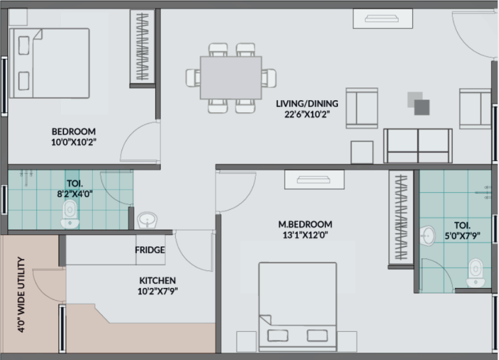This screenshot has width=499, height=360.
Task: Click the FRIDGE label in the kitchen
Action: tap(150, 250)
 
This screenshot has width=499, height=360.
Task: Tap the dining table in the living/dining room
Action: tap(230, 77)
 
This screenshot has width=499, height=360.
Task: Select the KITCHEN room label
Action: tap(158, 281)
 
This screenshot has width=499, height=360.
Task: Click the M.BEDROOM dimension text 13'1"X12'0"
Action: tap(305, 235)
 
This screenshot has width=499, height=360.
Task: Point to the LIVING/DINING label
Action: tap(307, 104)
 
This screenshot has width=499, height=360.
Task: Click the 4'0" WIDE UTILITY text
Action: tap(21, 295)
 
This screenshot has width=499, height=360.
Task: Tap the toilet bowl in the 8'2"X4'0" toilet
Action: tap(70, 214)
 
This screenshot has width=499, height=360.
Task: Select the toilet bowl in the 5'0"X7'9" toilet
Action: tap(476, 273)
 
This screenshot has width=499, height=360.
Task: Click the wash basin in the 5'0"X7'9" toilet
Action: tap(428, 236)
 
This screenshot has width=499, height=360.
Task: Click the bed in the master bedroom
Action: tap(297, 307)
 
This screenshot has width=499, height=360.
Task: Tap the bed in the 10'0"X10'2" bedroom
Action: tap(49, 63)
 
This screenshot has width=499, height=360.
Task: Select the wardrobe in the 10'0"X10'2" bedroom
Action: tap(142, 47)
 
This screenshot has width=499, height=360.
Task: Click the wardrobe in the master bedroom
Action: tap(401, 218)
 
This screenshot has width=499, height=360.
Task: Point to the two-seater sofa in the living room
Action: tap(418, 146)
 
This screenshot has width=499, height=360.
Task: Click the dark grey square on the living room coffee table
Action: tap(422, 108)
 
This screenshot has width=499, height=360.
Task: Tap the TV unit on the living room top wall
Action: tap(383, 19)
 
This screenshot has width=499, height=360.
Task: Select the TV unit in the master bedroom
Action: tap(315, 180)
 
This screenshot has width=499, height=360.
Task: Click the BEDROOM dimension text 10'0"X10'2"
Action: tap(74, 142)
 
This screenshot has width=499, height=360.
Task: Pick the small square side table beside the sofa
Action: tap(362, 152)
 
